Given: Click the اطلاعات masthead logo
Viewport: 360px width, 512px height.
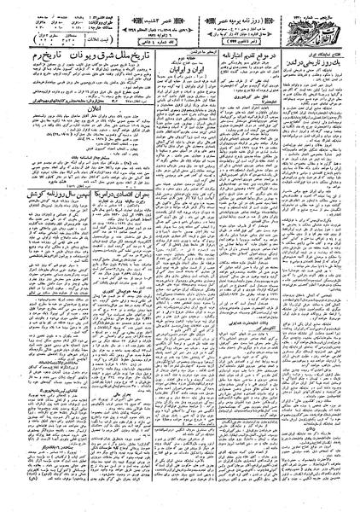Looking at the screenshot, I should click(x=320, y=20).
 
